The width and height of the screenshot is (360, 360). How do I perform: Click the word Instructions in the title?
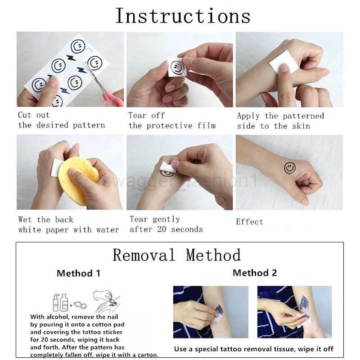(x=182, y=16)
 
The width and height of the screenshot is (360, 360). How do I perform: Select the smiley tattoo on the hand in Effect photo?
(x=290, y=168)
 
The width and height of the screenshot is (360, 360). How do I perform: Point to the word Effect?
(x=249, y=222)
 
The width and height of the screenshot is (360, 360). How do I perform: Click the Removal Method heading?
(x=176, y=255)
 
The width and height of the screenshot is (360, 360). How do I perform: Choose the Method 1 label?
(x=78, y=273)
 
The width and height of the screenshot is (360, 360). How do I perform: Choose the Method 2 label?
(x=255, y=273)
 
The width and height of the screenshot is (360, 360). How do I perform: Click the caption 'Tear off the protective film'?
(x=172, y=121)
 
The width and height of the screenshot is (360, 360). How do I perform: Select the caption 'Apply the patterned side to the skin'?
(x=280, y=121)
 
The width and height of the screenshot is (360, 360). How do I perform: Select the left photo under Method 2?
(x=211, y=311)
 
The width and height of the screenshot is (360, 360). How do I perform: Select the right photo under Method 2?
(x=294, y=311)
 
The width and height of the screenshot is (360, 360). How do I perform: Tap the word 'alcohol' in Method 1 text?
(x=59, y=316)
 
